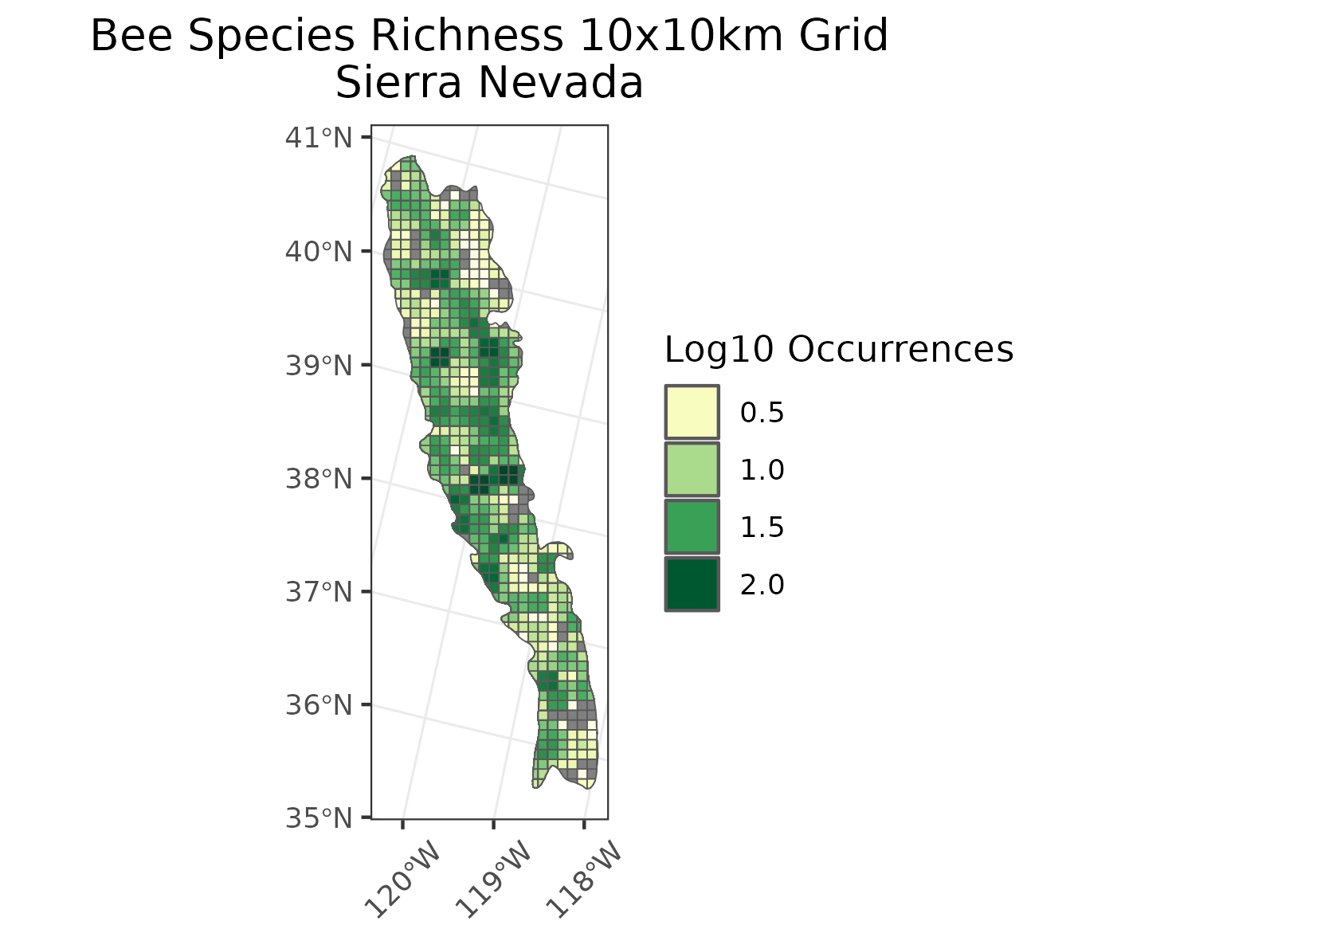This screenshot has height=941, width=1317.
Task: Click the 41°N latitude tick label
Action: pos(318,138)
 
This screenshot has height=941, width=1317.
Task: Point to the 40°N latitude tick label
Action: pos(318,252)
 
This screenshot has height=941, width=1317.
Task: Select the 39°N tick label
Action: pos(318,366)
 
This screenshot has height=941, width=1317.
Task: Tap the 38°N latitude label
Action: pos(318,479)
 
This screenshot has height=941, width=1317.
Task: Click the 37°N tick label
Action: pos(318,592)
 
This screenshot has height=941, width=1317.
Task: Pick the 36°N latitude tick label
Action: pos(318,705)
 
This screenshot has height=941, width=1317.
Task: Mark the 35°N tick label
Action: pos(318,818)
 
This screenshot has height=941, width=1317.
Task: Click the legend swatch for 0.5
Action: pos(692,412)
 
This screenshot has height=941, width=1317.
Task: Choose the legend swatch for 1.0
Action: pos(692,469)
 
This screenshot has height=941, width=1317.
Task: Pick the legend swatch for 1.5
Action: pos(692,527)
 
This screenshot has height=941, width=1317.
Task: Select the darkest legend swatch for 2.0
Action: pos(692,584)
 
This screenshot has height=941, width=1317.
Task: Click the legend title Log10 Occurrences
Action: pos(838,350)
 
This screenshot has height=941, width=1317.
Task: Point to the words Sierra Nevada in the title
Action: pos(489,83)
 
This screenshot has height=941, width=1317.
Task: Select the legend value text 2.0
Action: pos(762,585)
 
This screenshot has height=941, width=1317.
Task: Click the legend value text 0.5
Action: pos(762,413)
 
